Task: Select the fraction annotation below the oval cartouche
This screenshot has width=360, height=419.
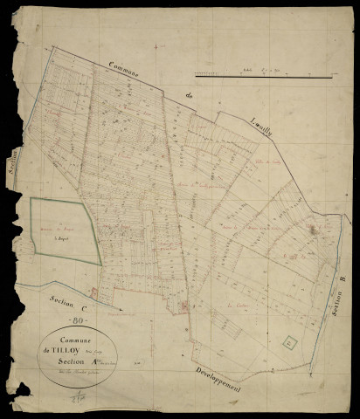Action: point(80,398)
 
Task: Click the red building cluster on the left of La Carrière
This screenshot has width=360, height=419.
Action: point(183,305)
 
